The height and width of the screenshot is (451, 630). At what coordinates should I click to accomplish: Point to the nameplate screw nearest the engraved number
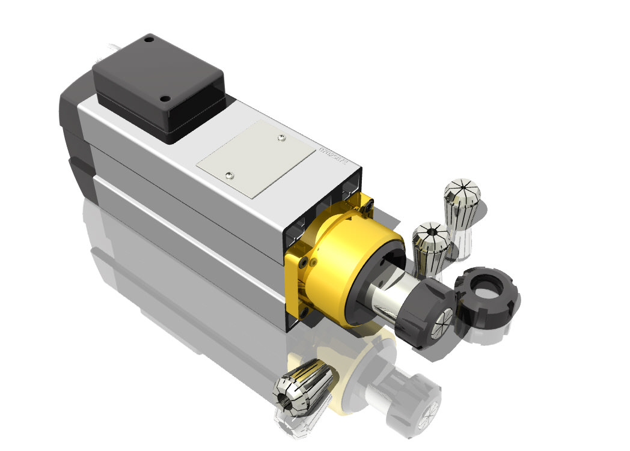point(282,139)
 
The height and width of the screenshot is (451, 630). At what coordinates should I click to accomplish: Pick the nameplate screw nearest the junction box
point(230,175)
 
